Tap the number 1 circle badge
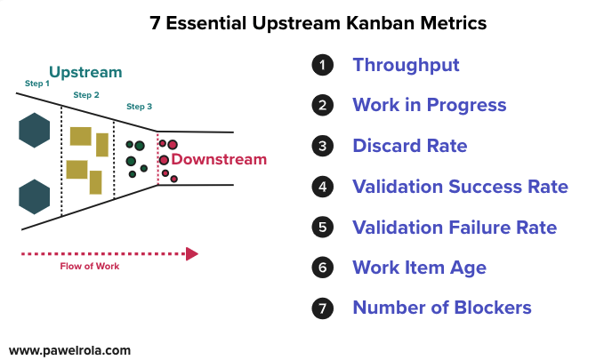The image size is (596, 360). [321, 65]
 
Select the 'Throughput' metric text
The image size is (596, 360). [406, 65]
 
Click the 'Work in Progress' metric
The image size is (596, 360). [429, 106]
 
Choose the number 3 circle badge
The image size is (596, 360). [321, 146]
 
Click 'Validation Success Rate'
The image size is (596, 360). [460, 187]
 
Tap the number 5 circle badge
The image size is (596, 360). [321, 228]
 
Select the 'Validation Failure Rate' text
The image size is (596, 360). [455, 228]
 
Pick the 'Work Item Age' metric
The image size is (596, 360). [419, 268]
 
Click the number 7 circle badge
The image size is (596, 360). [321, 308]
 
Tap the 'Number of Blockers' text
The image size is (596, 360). [441, 308]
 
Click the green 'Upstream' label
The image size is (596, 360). [85, 72]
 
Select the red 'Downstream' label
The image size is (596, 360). [219, 160]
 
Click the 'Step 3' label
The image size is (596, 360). [139, 107]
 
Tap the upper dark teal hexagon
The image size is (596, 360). [34, 131]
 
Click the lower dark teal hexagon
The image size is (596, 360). [34, 196]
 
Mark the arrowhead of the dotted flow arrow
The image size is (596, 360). [191, 254]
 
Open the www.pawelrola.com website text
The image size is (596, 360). [69, 350]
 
